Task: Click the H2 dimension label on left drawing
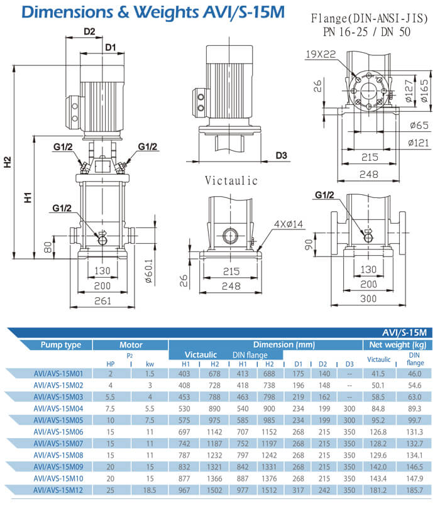8,162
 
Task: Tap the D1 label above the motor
111,47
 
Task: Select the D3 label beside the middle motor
280,155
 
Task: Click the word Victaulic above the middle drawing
231,181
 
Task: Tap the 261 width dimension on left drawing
103,300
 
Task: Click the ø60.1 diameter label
149,272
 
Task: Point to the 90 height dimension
309,243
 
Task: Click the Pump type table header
61,345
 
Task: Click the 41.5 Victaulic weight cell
378,373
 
